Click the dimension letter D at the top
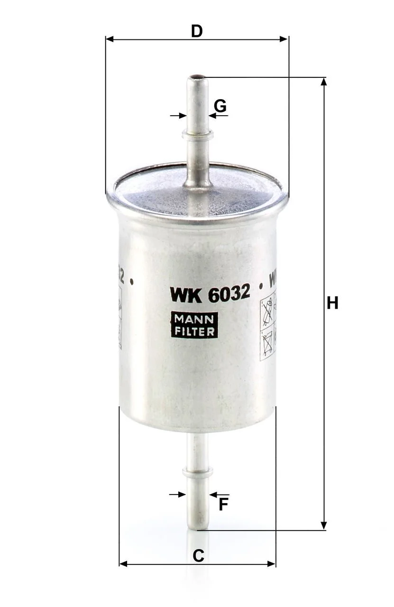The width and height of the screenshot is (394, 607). tap(197, 31)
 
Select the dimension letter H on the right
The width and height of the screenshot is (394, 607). tap(332, 303)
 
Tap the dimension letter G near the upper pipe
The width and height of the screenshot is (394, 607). tap(220, 106)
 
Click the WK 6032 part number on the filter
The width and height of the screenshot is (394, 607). tap(210, 294)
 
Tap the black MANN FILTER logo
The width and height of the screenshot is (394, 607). tap(194, 325)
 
